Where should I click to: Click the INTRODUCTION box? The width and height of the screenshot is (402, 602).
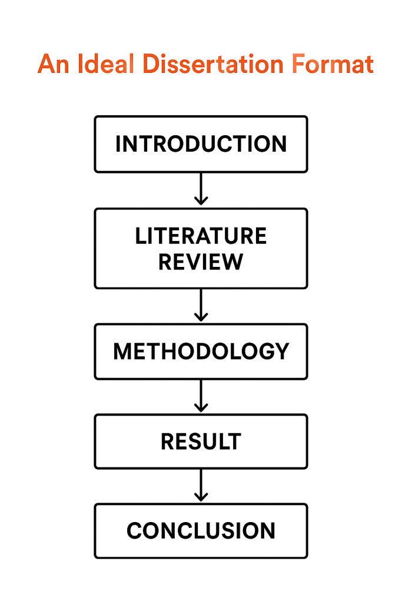tap(201, 144)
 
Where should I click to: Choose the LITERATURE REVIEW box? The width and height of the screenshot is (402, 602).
tap(201, 248)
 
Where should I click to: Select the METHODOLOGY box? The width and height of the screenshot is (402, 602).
tap(201, 351)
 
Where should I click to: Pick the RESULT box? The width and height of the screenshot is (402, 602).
tap(201, 441)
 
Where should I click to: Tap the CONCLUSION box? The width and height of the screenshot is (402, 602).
tap(201, 531)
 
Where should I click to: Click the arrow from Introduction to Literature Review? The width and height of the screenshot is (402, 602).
tap(201, 189)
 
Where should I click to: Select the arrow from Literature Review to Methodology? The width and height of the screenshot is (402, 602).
tap(201, 305)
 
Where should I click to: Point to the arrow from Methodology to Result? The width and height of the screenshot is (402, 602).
tap(201, 396)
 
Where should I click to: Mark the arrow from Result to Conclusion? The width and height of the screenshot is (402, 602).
tap(201, 486)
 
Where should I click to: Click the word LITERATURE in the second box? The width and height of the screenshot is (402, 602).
tap(201, 236)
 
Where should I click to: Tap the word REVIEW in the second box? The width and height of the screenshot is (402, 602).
tap(201, 262)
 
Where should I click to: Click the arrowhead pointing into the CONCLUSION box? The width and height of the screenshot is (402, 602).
tap(201, 498)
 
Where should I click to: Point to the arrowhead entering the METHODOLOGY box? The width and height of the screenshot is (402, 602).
tap(201, 317)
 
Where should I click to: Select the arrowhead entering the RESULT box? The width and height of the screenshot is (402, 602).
tap(201, 408)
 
